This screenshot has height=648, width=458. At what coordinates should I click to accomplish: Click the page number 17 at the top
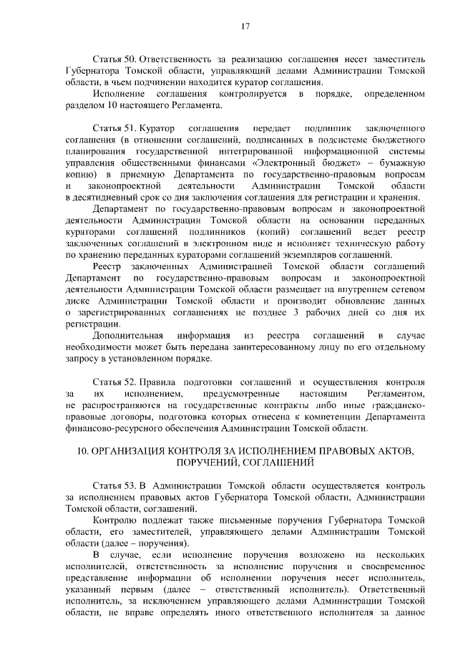tap(245, 26)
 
